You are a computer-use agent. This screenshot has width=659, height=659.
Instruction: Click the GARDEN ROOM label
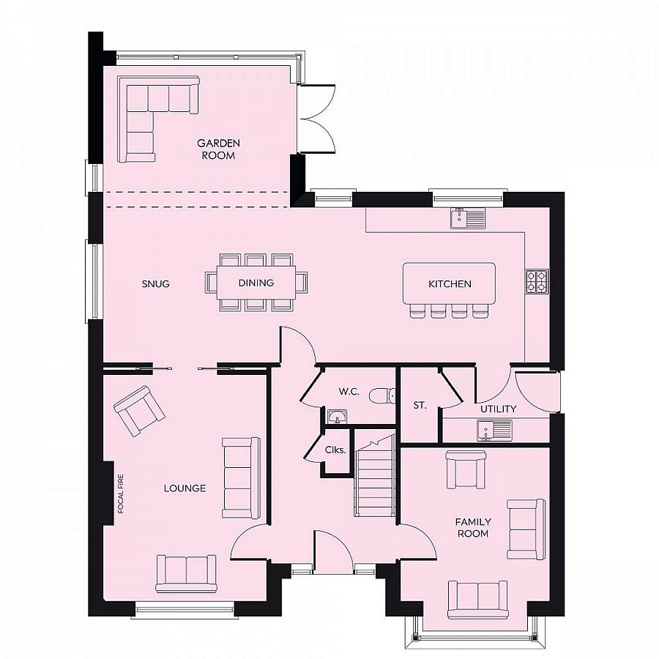click(x=218, y=149)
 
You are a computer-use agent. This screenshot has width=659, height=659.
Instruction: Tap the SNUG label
click(x=156, y=283)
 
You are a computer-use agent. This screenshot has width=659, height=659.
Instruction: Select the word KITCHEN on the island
click(x=450, y=283)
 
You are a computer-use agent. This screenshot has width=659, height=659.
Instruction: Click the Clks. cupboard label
click(x=335, y=450)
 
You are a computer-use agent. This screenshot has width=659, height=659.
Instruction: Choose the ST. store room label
click(x=420, y=404)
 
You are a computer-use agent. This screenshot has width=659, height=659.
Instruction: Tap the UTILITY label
click(x=498, y=409)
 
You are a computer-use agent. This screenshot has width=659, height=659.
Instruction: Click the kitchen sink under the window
click(x=467, y=217)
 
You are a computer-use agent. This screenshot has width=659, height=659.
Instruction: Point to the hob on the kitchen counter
click(x=536, y=281)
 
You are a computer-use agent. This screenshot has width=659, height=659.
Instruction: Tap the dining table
click(x=256, y=283)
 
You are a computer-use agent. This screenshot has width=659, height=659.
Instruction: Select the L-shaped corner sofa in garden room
click(x=150, y=117)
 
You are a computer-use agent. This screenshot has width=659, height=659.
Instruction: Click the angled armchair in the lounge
click(x=139, y=409)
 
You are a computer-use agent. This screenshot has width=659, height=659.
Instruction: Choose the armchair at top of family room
click(x=466, y=469)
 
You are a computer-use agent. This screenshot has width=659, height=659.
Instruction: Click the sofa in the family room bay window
click(x=478, y=598)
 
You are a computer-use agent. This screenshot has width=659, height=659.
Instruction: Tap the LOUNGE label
click(x=184, y=488)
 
